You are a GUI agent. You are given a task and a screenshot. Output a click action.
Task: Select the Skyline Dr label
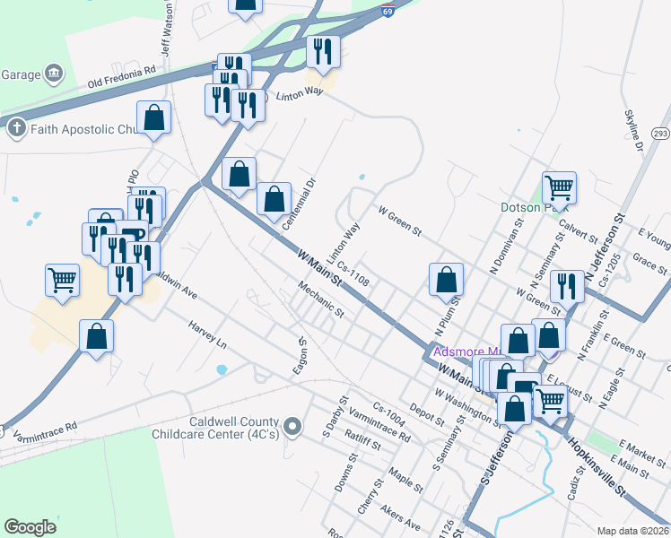click(633, 131)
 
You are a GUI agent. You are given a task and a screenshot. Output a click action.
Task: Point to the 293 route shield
click(660, 134)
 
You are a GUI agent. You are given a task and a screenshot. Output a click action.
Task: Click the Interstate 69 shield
click(387, 10)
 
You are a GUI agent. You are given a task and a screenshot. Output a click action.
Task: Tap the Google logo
click(30, 527)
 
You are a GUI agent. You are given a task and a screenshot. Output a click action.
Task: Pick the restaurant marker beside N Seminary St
click(566, 286)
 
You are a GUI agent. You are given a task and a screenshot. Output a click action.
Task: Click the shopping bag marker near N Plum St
click(446, 280)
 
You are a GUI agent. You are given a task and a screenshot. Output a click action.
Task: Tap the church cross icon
click(15, 129)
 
